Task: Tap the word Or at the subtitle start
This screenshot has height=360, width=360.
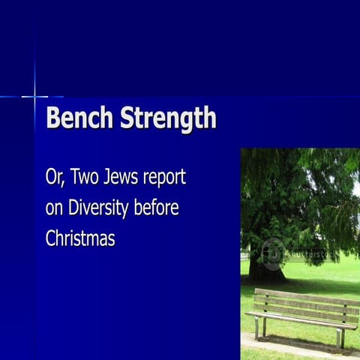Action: (53, 179)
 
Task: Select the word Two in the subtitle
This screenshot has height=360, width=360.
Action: (83, 178)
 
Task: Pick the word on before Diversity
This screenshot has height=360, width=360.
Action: (54, 208)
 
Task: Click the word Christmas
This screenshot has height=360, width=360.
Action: (80, 238)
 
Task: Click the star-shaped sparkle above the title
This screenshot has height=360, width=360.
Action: (34, 96)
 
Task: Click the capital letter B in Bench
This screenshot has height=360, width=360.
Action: (53, 119)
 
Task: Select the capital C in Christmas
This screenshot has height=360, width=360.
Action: (52, 238)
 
